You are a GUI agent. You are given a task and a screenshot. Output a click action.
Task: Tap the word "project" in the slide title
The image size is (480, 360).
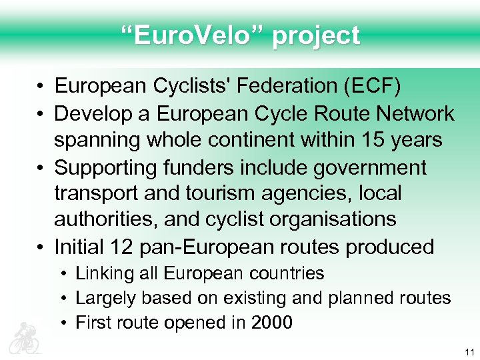click(316, 36)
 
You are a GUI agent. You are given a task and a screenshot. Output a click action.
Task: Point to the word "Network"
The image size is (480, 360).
click(413, 113)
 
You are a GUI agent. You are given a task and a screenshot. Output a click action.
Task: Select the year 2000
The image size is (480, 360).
click(272, 323)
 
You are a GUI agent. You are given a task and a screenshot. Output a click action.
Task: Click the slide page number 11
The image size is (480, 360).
click(469, 352)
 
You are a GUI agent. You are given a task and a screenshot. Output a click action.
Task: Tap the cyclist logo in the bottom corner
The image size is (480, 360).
click(24, 337)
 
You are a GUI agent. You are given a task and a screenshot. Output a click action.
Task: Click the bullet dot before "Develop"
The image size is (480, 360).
click(41, 114)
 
